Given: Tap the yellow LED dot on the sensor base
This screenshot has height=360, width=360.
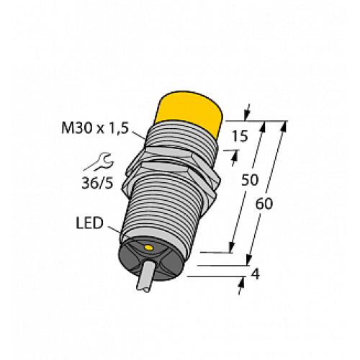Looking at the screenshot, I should point(148,248).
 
